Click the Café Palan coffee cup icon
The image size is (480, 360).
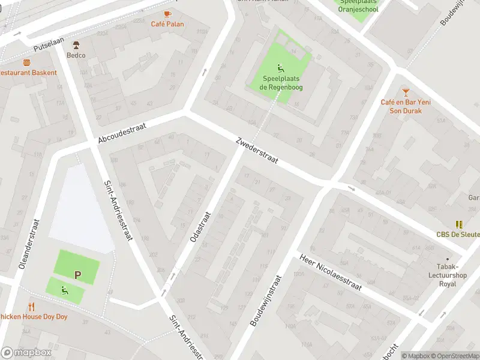[167, 14]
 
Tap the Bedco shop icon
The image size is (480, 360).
[76, 45]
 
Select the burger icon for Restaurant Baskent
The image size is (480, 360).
[26, 62]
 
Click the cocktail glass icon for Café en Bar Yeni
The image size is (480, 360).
[406, 92]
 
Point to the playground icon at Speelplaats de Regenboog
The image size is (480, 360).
[280, 68]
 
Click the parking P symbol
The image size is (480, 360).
[77, 275]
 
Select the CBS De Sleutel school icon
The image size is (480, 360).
[459, 224]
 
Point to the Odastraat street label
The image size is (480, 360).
[200, 226]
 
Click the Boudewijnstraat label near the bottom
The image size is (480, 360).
[265, 301]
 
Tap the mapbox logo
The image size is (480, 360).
[26, 353]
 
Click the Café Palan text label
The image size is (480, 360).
[167, 25]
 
